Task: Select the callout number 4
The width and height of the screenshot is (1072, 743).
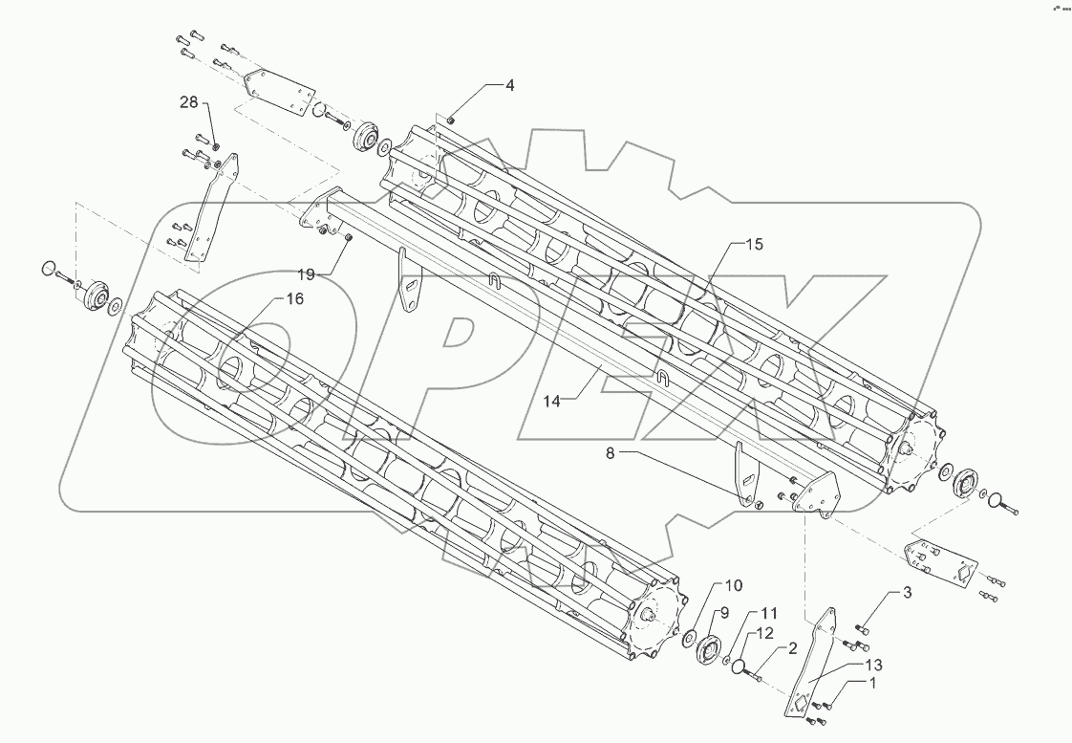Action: pos(509,85)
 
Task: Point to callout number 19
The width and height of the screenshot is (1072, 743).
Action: pos(305,274)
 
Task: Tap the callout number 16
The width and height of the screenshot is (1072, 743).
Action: pos(293,299)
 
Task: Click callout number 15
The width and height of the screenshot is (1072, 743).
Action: pos(754,245)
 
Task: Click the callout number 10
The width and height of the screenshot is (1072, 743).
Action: pos(732,585)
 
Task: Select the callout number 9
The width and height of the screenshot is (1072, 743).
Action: pos(724,612)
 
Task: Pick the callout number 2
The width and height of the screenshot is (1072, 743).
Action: pos(792,648)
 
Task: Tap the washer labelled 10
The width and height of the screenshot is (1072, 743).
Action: pos(689,639)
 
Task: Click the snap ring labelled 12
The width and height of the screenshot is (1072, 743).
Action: pos(739,667)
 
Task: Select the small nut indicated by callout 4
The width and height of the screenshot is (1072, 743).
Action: pos(451,119)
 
